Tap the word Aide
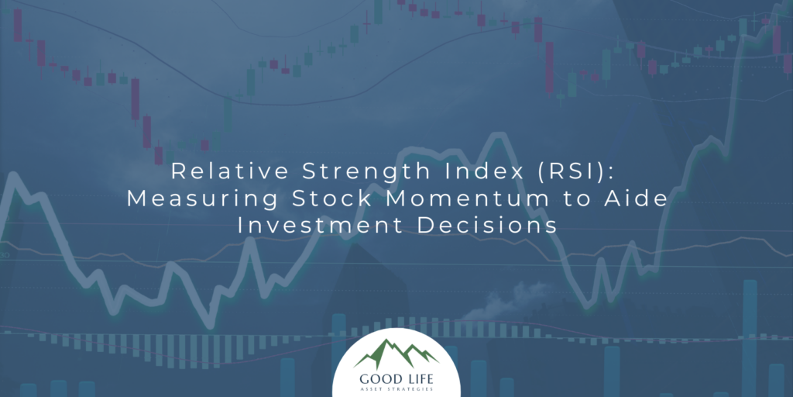[638, 198]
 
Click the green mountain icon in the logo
[396, 353]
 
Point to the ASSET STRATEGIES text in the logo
[396, 389]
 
